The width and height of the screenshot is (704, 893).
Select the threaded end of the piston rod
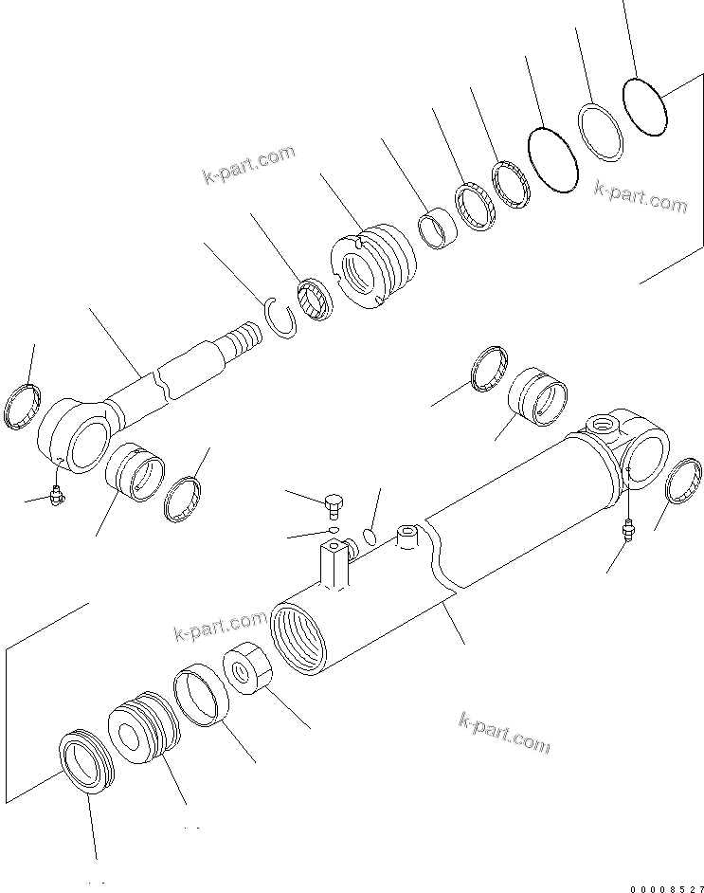point(243,337)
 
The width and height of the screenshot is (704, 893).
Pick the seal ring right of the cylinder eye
point(687,484)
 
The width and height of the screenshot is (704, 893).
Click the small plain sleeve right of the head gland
point(437,229)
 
